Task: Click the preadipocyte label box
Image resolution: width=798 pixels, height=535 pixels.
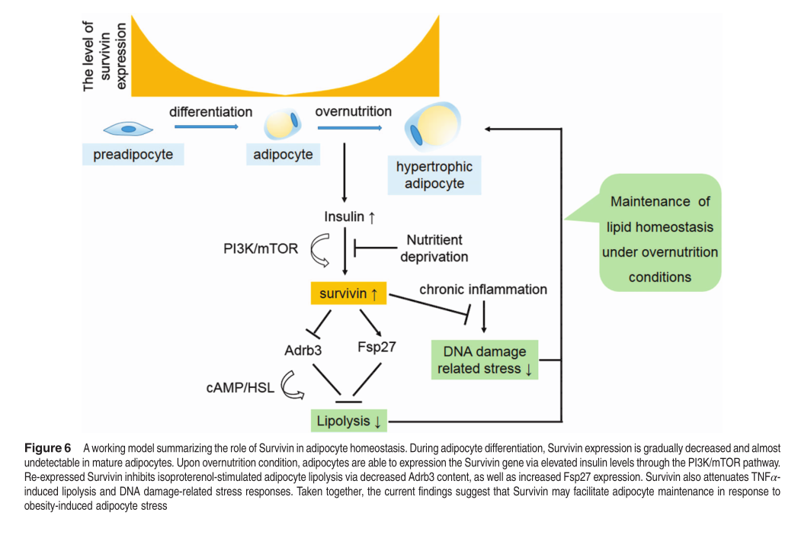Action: coord(133,155)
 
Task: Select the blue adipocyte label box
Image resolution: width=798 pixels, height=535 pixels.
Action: coord(283,155)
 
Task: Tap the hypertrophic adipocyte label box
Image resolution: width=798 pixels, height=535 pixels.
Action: coord(434,175)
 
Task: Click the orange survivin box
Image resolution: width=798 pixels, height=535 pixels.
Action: coord(349,293)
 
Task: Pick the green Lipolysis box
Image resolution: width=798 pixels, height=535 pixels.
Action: coord(349,421)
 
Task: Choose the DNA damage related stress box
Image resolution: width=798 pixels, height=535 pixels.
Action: coord(485,360)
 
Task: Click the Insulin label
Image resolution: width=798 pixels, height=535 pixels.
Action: coord(349,216)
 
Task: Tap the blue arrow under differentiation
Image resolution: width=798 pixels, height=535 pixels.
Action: coord(210,128)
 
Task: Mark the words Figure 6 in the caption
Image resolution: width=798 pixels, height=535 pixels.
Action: coord(47,447)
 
